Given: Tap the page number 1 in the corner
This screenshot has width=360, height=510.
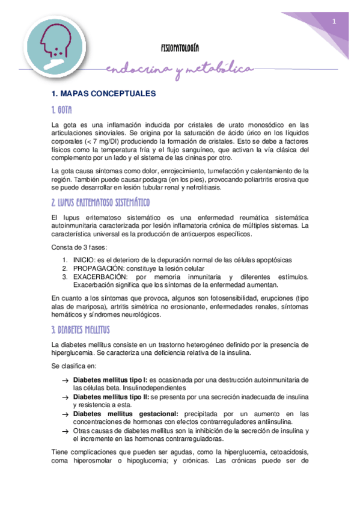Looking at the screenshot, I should click(334, 22).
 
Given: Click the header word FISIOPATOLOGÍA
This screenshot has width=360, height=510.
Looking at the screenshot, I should click(181, 47).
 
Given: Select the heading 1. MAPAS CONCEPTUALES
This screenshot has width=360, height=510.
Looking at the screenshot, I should click(104, 94).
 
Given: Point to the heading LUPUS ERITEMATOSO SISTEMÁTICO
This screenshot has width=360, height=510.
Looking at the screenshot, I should click(100, 201).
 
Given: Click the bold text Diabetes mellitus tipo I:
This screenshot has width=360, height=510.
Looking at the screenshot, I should click(110, 380).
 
